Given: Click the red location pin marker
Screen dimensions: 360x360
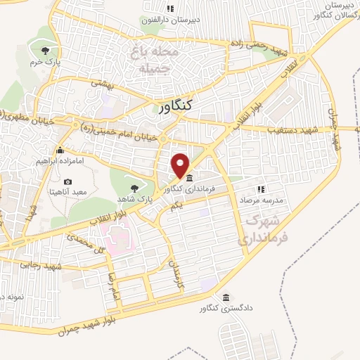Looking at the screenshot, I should (181, 165).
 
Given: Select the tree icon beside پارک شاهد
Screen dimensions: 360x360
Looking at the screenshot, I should (134, 188).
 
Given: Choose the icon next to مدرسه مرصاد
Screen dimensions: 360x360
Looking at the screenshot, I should (261, 189).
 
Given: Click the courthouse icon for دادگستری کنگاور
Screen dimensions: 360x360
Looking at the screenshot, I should (225, 297).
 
